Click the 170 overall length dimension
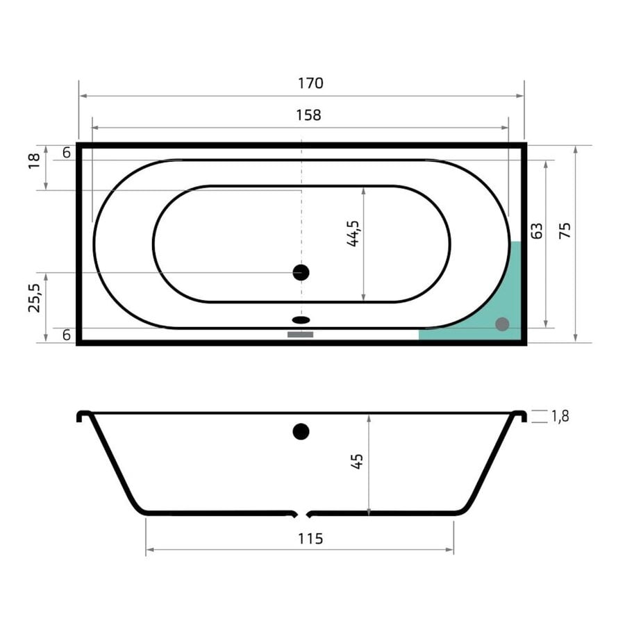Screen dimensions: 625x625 310,83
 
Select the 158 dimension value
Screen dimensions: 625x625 308,115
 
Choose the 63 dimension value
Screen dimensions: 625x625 535,231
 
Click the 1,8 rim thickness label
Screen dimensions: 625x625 560,417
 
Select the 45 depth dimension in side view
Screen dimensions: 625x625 358,462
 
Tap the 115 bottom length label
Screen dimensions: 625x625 310,538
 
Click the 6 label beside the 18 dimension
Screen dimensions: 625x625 66,153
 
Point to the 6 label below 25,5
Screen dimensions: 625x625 66,335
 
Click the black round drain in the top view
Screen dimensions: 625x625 301,272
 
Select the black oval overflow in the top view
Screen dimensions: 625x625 301,320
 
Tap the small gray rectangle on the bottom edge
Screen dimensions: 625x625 301,335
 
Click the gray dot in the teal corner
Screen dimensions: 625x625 502,324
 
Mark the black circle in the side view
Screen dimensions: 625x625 301,431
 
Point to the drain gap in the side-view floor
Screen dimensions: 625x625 301,515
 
